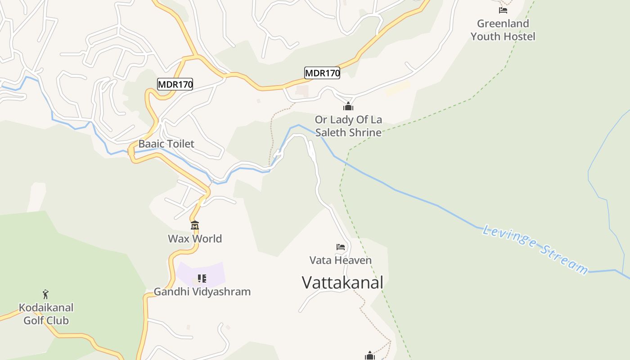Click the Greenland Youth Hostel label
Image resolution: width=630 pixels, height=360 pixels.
tap(503, 30)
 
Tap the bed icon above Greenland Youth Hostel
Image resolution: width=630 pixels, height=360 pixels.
tap(503, 10)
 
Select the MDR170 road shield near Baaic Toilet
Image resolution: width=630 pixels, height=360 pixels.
tap(175, 84)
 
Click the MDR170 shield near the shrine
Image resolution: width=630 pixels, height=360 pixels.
tap(322, 73)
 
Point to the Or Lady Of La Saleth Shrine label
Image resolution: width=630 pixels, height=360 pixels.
tap(348, 126)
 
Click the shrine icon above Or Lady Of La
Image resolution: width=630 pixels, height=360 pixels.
tap(348, 107)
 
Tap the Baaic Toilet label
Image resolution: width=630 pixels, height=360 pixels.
tap(166, 144)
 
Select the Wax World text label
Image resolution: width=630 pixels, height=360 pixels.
tap(195, 238)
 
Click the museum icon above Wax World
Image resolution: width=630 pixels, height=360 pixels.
tap(195, 225)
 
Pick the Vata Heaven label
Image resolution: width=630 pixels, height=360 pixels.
tap(341, 260)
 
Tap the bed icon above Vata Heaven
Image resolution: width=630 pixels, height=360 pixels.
tap(341, 247)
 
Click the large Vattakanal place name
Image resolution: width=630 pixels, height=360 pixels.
tap(342, 283)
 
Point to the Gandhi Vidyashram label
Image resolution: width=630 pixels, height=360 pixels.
tap(202, 292)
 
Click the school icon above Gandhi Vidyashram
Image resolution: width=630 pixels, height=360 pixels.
tap(202, 279)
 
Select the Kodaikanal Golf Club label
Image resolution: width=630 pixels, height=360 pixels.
tap(46, 314)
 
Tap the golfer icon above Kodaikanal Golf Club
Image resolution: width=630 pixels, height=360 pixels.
tap(45, 295)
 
